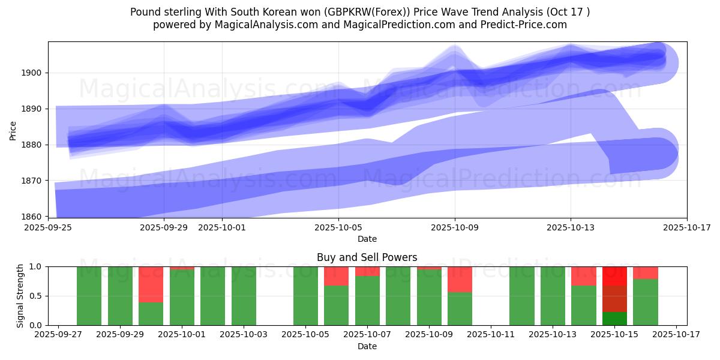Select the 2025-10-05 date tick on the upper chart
338,227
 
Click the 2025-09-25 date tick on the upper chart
48,227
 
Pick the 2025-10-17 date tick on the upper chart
686,227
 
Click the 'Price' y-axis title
13,130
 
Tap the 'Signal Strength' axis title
20,296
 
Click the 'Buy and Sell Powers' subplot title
367,257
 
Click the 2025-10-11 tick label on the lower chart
491,335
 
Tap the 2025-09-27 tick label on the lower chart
58,335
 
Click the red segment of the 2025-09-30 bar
151,284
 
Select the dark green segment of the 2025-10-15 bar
614,319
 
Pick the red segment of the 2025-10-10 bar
460,279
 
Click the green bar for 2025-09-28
89,296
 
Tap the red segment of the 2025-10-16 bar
646,272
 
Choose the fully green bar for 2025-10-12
522,296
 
